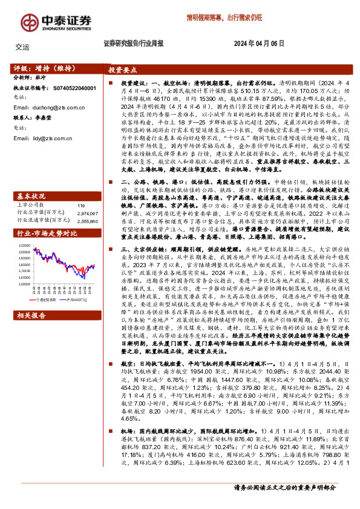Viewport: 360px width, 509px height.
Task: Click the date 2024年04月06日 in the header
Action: tap(259, 44)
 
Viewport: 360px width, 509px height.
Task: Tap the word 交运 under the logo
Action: tap(22, 46)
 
